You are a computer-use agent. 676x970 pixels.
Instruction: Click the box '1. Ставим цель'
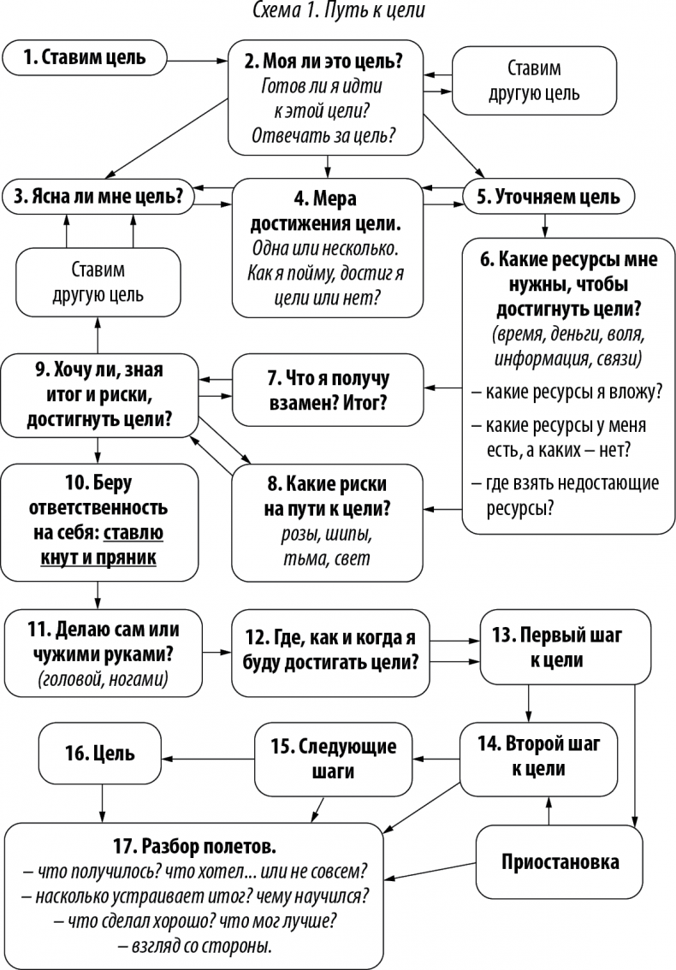pos(85,58)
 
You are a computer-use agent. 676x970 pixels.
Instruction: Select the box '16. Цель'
pos(101,754)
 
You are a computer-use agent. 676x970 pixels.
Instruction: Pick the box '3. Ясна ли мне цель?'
pos(98,196)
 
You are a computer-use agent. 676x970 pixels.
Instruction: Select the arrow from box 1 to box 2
pos(197,59)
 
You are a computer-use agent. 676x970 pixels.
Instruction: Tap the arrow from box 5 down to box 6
pos(545,224)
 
